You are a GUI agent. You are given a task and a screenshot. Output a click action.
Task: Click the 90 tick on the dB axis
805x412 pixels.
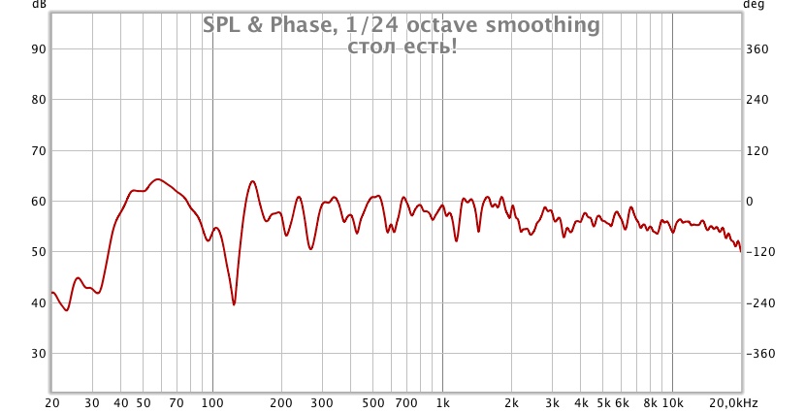coord(40,48)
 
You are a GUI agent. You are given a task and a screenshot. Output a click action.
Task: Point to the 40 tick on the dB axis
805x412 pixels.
coord(40,302)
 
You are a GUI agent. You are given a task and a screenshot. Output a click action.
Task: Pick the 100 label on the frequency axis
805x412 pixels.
coord(212,402)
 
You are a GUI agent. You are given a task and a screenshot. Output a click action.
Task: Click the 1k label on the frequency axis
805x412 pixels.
coord(443,402)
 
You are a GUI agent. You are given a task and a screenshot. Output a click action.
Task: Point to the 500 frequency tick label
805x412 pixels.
coord(373,402)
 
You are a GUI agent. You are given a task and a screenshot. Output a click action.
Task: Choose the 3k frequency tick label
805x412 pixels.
coord(552,402)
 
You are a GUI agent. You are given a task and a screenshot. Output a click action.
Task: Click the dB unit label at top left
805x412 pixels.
coord(39,5)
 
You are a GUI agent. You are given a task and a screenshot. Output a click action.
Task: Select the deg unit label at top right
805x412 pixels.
coord(754,5)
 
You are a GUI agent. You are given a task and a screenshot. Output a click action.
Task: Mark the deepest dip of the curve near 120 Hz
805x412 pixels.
coord(234,304)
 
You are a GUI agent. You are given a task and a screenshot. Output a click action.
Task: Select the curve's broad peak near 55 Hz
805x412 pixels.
coord(156,179)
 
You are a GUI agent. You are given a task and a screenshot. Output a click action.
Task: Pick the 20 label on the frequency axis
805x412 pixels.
coord(52,402)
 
